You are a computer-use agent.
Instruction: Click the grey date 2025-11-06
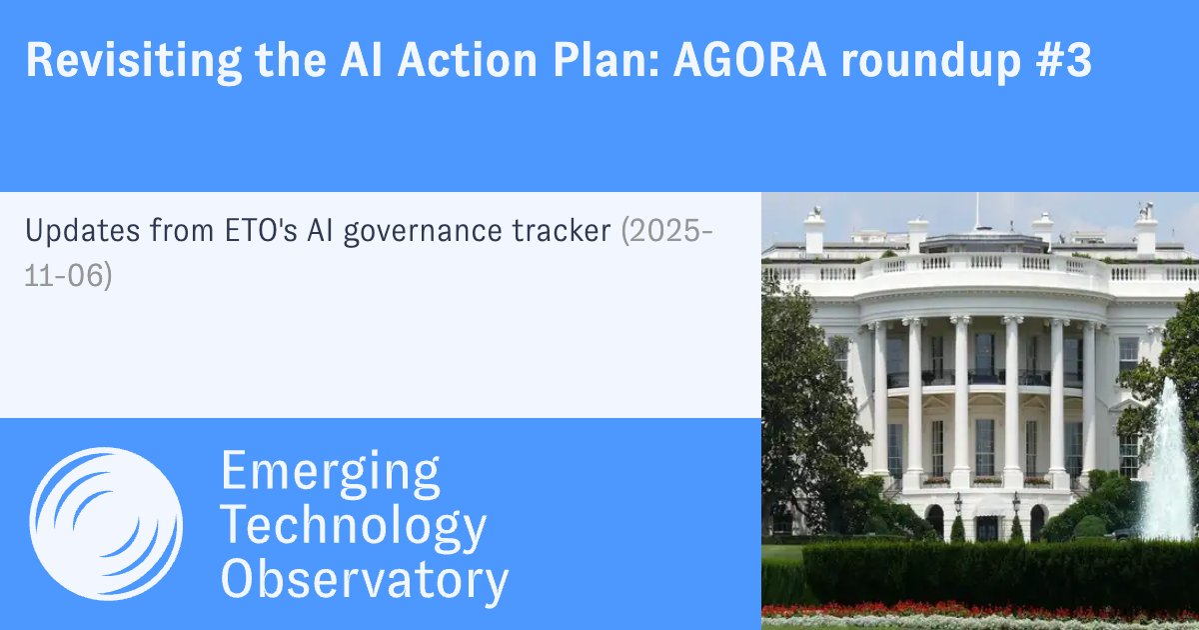pyautogui.click(x=667, y=232)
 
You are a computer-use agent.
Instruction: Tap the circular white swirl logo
pyautogui.click(x=106, y=524)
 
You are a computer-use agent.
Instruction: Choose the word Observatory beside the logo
pyautogui.click(x=364, y=580)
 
